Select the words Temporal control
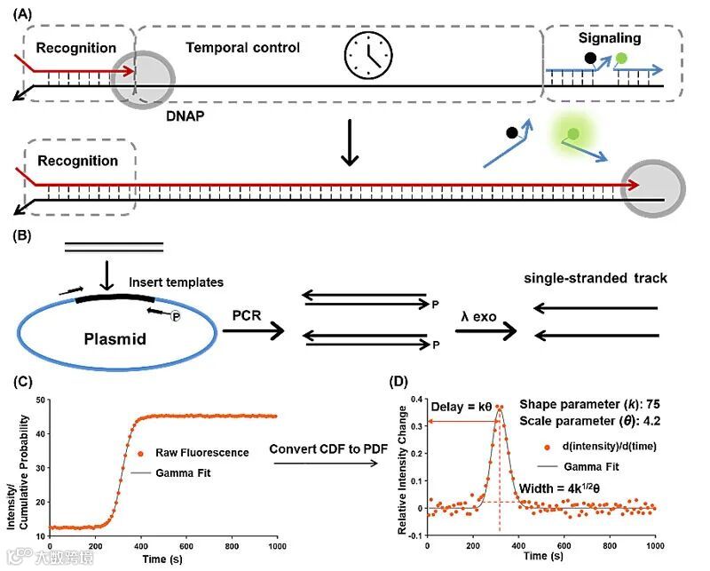click(x=242, y=47)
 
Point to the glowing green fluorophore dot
click(x=572, y=133)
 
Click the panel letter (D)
click(x=401, y=381)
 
